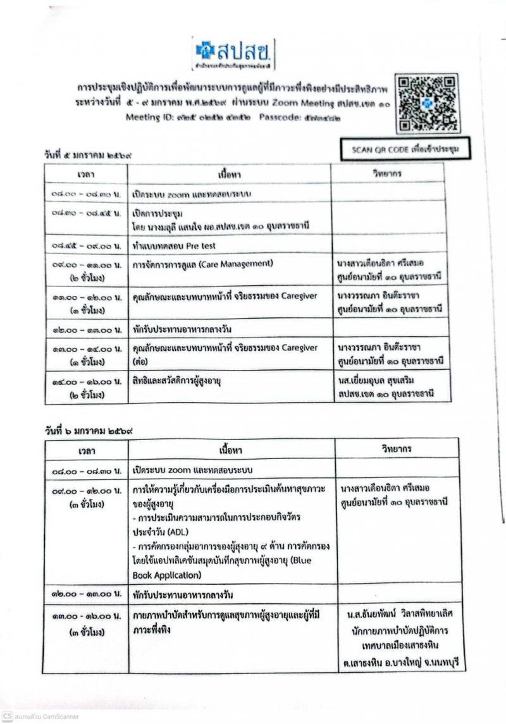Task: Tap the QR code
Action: pos(427,104)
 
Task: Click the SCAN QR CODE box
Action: pos(405,149)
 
